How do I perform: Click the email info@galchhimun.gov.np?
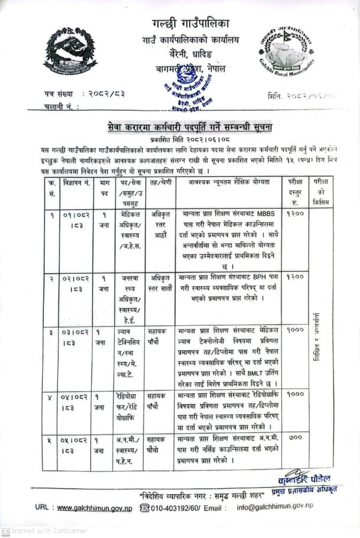(275, 507)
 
